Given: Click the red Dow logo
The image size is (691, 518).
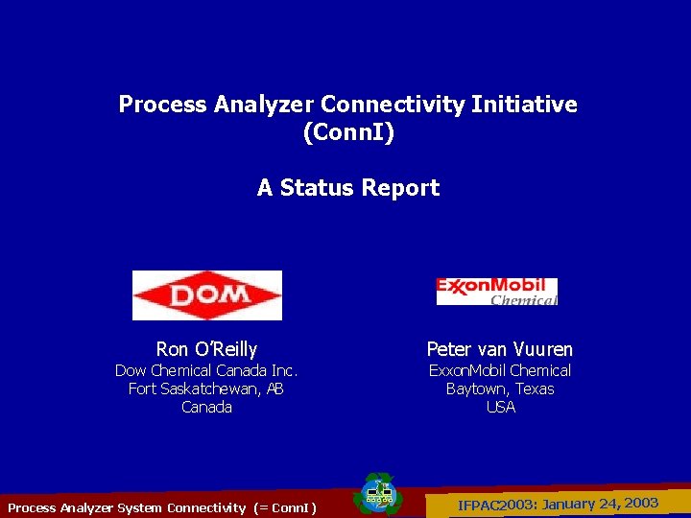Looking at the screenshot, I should pyautogui.click(x=206, y=294).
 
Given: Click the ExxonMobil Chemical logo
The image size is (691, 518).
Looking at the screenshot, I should pyautogui.click(x=496, y=292).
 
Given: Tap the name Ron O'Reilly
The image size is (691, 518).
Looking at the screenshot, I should pyautogui.click(x=206, y=350).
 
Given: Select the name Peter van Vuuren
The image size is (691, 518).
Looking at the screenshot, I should pyautogui.click(x=499, y=350).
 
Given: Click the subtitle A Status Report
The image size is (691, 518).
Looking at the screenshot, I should pyautogui.click(x=347, y=188).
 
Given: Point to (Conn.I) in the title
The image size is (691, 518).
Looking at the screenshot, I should pyautogui.click(x=347, y=132).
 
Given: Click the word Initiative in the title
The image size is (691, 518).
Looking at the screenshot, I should pyautogui.click(x=524, y=105).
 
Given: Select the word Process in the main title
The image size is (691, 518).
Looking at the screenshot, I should pyautogui.click(x=156, y=105).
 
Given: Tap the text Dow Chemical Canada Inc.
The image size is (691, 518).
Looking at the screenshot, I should pyautogui.click(x=206, y=370).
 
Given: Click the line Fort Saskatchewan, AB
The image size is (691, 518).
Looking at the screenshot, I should pyautogui.click(x=206, y=388).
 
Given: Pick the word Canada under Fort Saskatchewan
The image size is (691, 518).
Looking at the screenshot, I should pyautogui.click(x=206, y=407).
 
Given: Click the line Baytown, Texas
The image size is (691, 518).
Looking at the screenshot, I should pyautogui.click(x=500, y=388).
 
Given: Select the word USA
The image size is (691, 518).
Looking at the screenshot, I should pyautogui.click(x=500, y=407).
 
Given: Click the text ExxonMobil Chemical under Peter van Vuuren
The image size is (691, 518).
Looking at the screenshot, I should pyautogui.click(x=499, y=370).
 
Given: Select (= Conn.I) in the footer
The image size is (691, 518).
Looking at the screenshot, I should pyautogui.click(x=285, y=507).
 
